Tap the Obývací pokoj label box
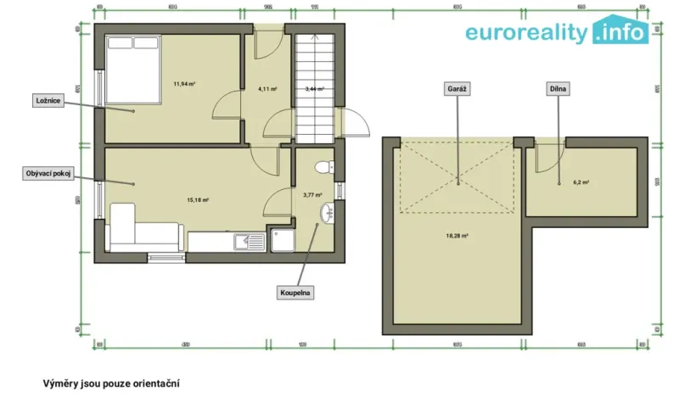pyautogui.click(x=47, y=173)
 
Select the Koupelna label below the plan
pyautogui.click(x=296, y=293)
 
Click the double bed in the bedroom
pyautogui.click(x=132, y=69)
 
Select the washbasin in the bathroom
pyautogui.click(x=326, y=211)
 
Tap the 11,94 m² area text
pyautogui.click(x=185, y=84)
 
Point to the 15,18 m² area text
pyautogui.click(x=198, y=200)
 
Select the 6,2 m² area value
pyautogui.click(x=581, y=182)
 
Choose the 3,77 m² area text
pyautogui.click(x=312, y=194)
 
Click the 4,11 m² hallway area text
pyautogui.click(x=269, y=88)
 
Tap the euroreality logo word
pyautogui.click(x=526, y=33)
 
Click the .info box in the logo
pyautogui.click(x=622, y=31)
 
